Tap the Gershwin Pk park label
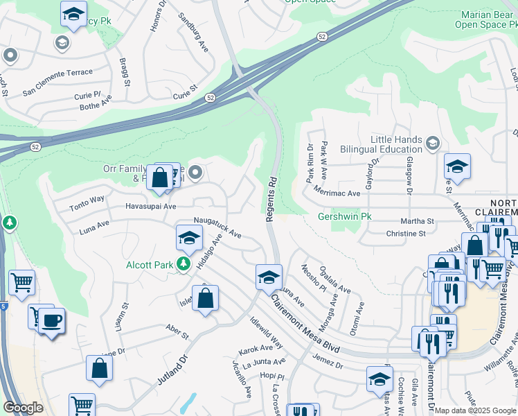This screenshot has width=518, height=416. [344, 217]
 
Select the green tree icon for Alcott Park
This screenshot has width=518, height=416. [184, 263]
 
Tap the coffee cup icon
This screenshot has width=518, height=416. [52, 321]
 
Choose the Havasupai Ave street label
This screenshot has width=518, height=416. [151, 206]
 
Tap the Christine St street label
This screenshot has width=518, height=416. [407, 234]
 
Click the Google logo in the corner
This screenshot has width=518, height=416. [24, 408]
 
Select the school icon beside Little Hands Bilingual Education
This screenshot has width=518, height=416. [433, 143]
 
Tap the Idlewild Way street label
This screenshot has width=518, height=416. [265, 333]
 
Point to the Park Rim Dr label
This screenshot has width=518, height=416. [310, 159]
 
